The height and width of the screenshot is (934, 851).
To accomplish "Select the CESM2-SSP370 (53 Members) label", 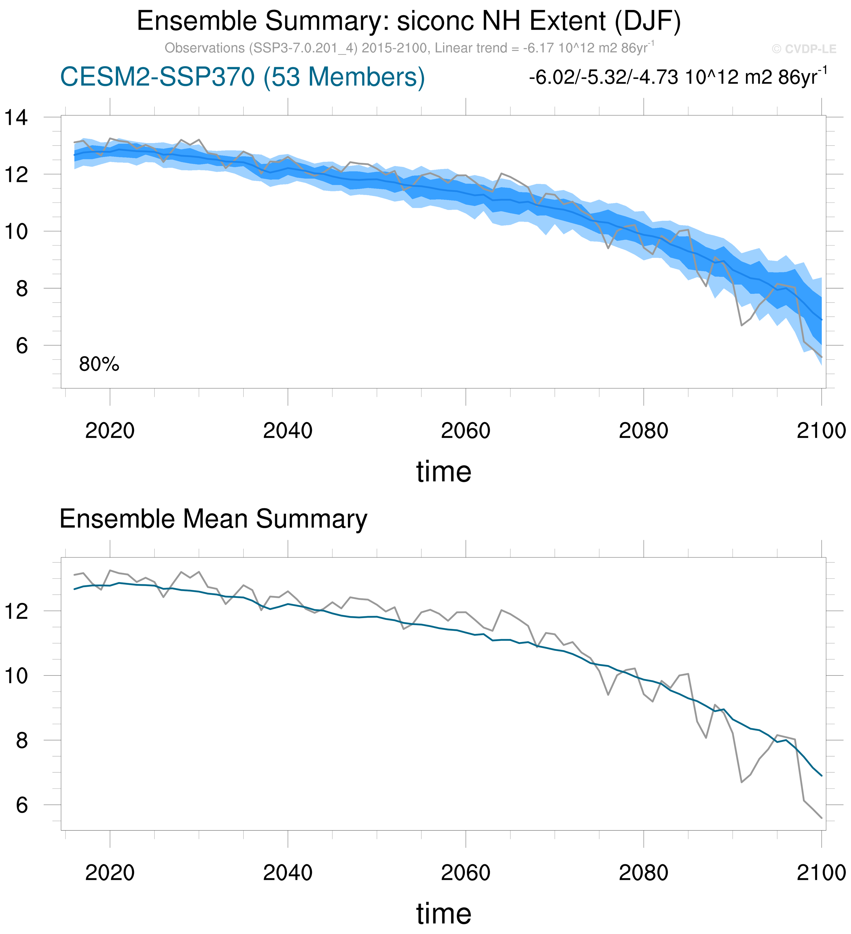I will [242, 77].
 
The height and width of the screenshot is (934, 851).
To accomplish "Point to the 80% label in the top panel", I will [99, 365].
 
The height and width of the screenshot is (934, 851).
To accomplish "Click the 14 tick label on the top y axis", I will [16, 118].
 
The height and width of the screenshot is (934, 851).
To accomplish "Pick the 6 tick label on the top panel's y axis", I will [22, 346].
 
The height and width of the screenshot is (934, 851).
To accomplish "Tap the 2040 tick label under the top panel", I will [287, 431].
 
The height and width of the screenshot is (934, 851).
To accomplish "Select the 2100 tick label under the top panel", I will [821, 431].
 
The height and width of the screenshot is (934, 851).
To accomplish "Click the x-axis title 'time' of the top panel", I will [444, 472].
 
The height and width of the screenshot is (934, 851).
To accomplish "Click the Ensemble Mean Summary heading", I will [213, 519].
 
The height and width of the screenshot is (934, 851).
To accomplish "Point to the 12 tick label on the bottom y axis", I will [16, 612].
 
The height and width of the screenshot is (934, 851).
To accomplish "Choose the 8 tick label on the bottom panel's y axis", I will [22, 741].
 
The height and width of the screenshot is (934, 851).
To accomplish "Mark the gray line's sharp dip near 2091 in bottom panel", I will [742, 782].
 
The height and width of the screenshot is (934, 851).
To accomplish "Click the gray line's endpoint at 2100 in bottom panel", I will [821, 818].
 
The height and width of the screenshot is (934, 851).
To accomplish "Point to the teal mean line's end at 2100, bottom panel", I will [821, 776].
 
